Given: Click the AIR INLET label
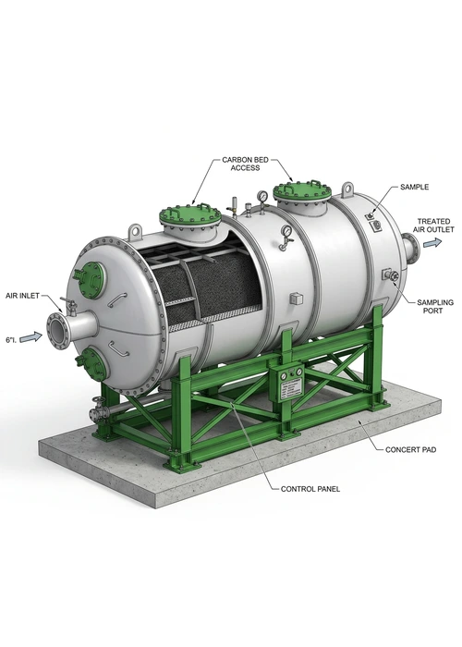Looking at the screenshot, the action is pyautogui.click(x=22, y=296).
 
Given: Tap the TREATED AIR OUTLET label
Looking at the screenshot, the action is pyautogui.click(x=433, y=226).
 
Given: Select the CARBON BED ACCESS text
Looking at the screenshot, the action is pyautogui.click(x=245, y=164).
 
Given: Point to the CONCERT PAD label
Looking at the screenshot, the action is pyautogui.click(x=410, y=449).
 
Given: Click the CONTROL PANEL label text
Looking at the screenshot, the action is pyautogui.click(x=310, y=489).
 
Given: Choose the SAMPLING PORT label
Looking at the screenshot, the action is pyautogui.click(x=435, y=307).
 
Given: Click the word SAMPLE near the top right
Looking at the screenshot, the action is pyautogui.click(x=414, y=187).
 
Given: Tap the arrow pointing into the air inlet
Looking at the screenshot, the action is pyautogui.click(x=30, y=337).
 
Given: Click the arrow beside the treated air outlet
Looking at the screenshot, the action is pyautogui.click(x=432, y=242).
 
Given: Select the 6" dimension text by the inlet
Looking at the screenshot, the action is pyautogui.click(x=11, y=340).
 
